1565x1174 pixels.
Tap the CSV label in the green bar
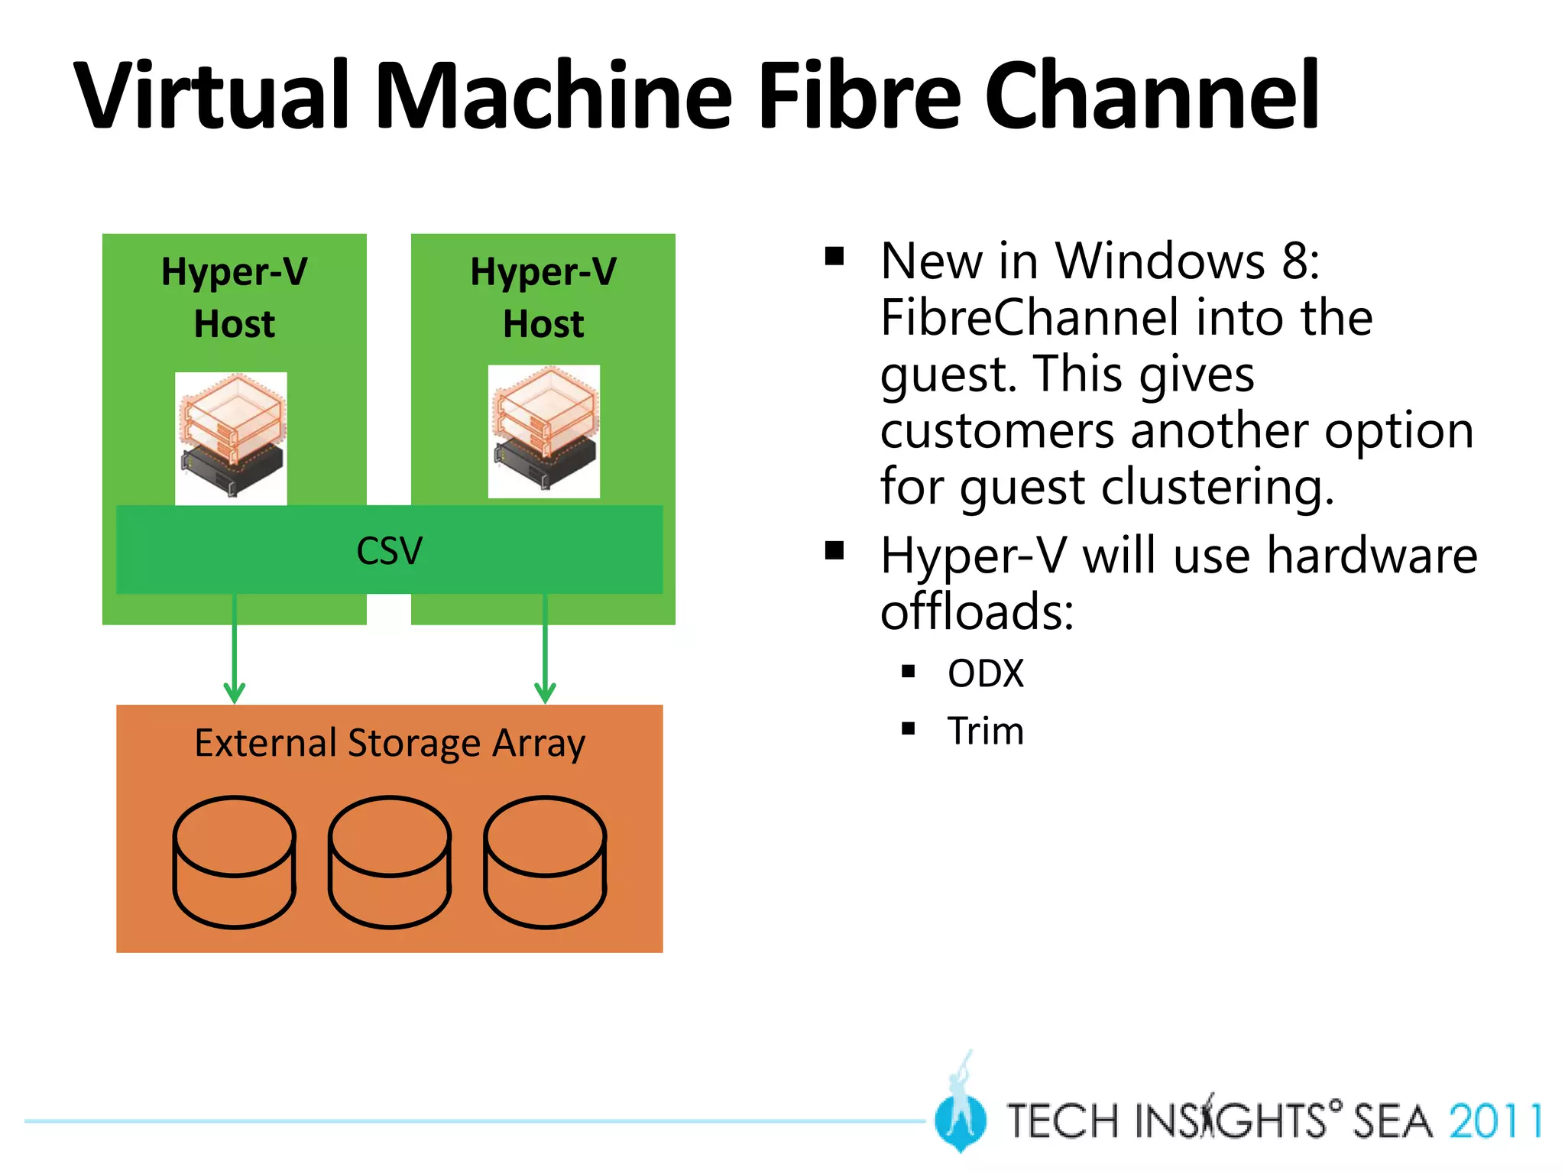click(389, 550)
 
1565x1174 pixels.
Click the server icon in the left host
click(231, 438)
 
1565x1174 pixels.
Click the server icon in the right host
click(543, 431)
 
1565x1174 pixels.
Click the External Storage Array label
click(390, 743)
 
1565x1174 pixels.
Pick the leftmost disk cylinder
click(234, 861)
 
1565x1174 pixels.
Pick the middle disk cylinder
click(390, 861)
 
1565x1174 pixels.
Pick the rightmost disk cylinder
click(545, 861)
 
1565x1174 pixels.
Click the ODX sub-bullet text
click(985, 674)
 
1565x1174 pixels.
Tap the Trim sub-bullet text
click(985, 731)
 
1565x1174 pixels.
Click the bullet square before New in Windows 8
click(834, 255)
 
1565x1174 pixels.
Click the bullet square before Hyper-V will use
click(834, 550)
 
